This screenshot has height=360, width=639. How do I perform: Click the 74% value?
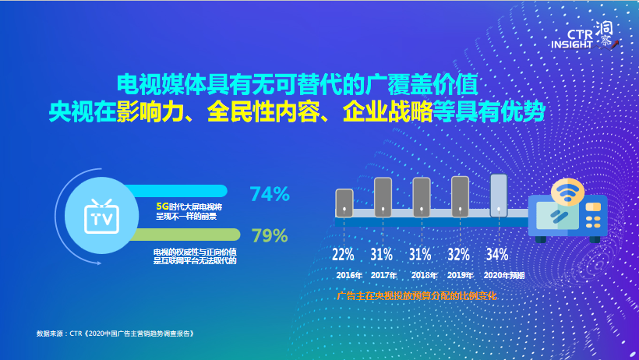269,195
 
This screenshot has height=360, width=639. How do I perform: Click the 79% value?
269,235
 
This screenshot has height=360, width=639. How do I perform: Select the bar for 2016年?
344,203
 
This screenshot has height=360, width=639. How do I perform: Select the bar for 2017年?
383,197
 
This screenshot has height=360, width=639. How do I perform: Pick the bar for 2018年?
421,197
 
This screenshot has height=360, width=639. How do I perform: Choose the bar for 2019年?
460,196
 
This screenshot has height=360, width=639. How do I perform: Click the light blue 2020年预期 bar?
498,194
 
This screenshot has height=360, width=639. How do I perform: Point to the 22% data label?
343,254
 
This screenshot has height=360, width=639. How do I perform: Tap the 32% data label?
459,254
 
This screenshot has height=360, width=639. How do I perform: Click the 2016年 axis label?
348,275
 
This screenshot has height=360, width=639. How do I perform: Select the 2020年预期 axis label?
504,275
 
